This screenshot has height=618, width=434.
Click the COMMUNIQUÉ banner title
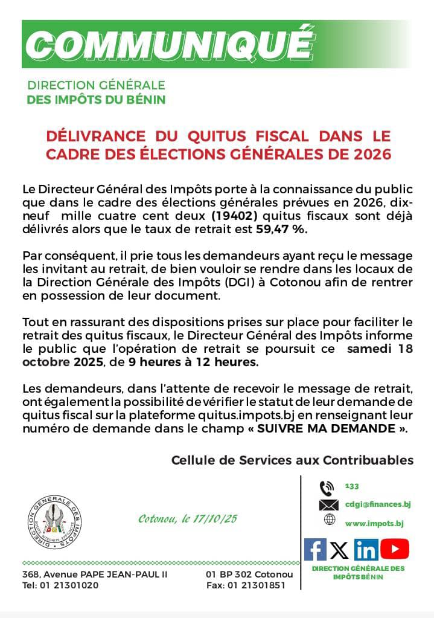171,43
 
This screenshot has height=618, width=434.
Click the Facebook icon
314,549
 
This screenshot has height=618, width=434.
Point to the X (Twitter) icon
340,550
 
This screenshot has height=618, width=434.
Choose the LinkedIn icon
366,550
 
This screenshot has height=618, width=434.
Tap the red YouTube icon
395,549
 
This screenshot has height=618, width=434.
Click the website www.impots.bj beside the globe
374,523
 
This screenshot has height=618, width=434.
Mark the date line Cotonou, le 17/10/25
188,519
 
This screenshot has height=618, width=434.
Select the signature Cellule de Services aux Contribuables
292,460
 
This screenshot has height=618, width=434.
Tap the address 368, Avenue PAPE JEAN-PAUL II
95,575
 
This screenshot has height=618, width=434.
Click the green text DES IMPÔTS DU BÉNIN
96,100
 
